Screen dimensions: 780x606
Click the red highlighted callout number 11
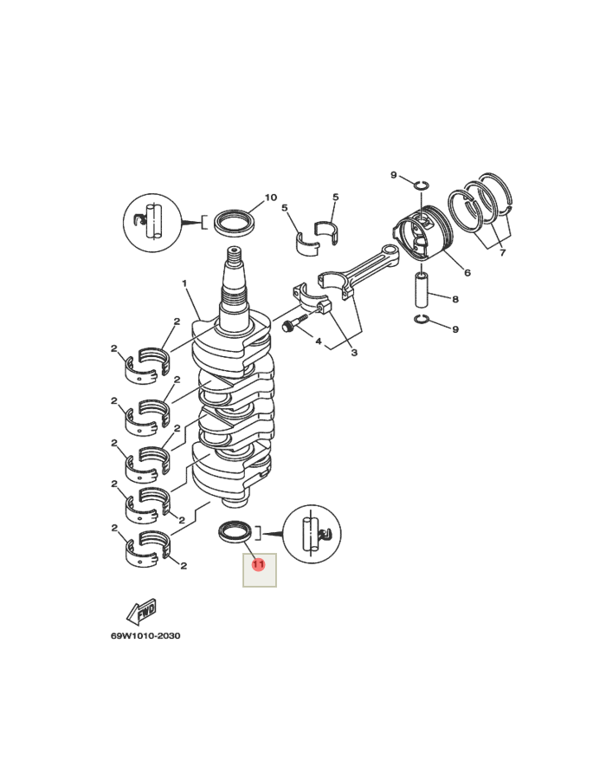tap(258, 565)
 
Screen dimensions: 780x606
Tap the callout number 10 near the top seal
tap(271, 198)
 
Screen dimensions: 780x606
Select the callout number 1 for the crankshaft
tap(184, 283)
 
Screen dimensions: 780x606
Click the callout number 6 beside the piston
tap(467, 272)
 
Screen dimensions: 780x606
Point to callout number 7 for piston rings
tap(501, 252)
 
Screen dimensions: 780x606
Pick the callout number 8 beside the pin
tap(455, 299)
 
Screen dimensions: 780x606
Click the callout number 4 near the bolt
tap(319, 341)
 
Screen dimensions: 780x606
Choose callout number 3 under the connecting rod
tap(353, 353)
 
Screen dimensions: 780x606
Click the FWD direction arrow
tap(141, 611)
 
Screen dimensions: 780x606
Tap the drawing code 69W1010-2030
tap(145, 636)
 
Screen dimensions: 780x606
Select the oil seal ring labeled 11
tap(235, 530)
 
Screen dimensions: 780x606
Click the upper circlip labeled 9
tap(421, 183)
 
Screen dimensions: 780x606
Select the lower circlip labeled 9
tap(421, 322)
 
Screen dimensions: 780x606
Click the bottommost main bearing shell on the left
tap(145, 545)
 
